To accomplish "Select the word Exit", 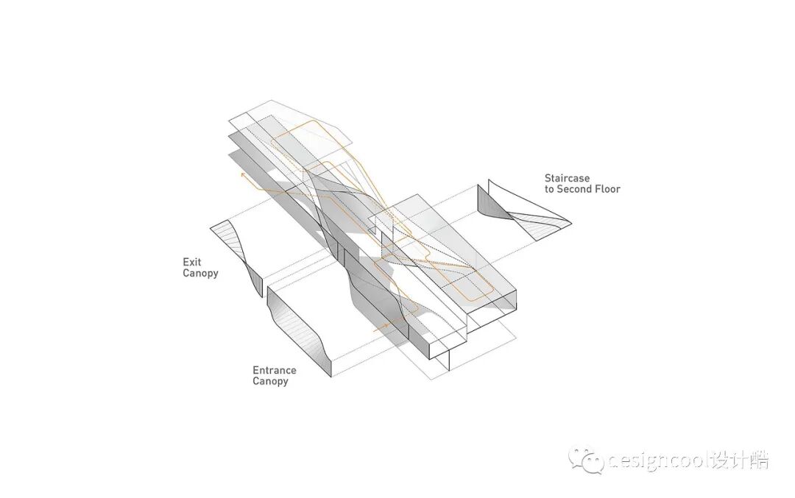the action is (191, 262).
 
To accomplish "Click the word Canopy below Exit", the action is (200, 274).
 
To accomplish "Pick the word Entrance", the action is (275, 371).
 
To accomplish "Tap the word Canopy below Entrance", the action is (270, 382).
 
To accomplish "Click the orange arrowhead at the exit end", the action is (242, 176).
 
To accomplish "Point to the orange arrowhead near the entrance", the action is (385, 327).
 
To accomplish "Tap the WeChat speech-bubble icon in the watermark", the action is (585, 460).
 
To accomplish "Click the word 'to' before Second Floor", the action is (549, 189).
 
